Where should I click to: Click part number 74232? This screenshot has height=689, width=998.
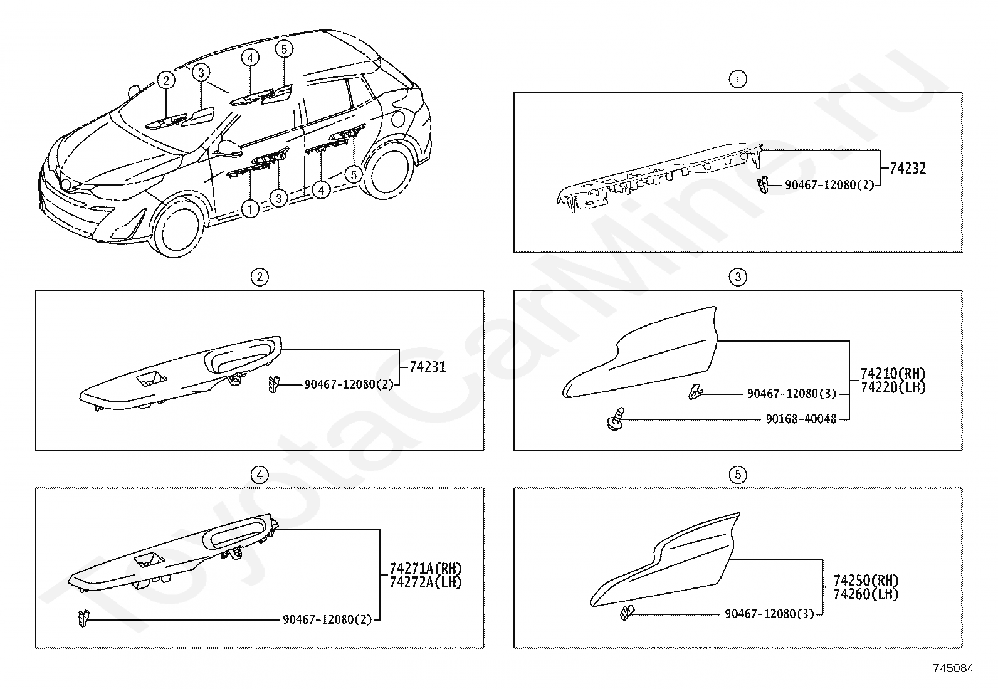point(908,168)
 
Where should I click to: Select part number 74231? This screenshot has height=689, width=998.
point(428,367)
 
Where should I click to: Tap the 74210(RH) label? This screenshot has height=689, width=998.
point(893,375)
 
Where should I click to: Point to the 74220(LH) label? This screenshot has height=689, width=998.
point(893,387)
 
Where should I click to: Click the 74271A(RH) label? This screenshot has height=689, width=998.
point(425,569)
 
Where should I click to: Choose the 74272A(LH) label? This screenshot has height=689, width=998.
point(425,582)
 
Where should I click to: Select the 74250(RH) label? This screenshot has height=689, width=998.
point(866,581)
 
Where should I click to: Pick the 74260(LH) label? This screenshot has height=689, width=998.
point(866,594)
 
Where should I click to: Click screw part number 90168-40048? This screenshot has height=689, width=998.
point(801,419)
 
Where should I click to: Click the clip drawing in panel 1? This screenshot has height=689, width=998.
point(762,185)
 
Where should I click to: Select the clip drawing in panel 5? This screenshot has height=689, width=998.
point(626,613)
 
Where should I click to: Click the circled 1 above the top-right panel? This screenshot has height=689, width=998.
point(738,80)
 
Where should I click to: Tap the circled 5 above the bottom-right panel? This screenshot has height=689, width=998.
point(738,475)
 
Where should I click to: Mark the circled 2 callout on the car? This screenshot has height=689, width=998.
point(165,80)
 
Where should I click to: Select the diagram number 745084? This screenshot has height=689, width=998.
point(953,668)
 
